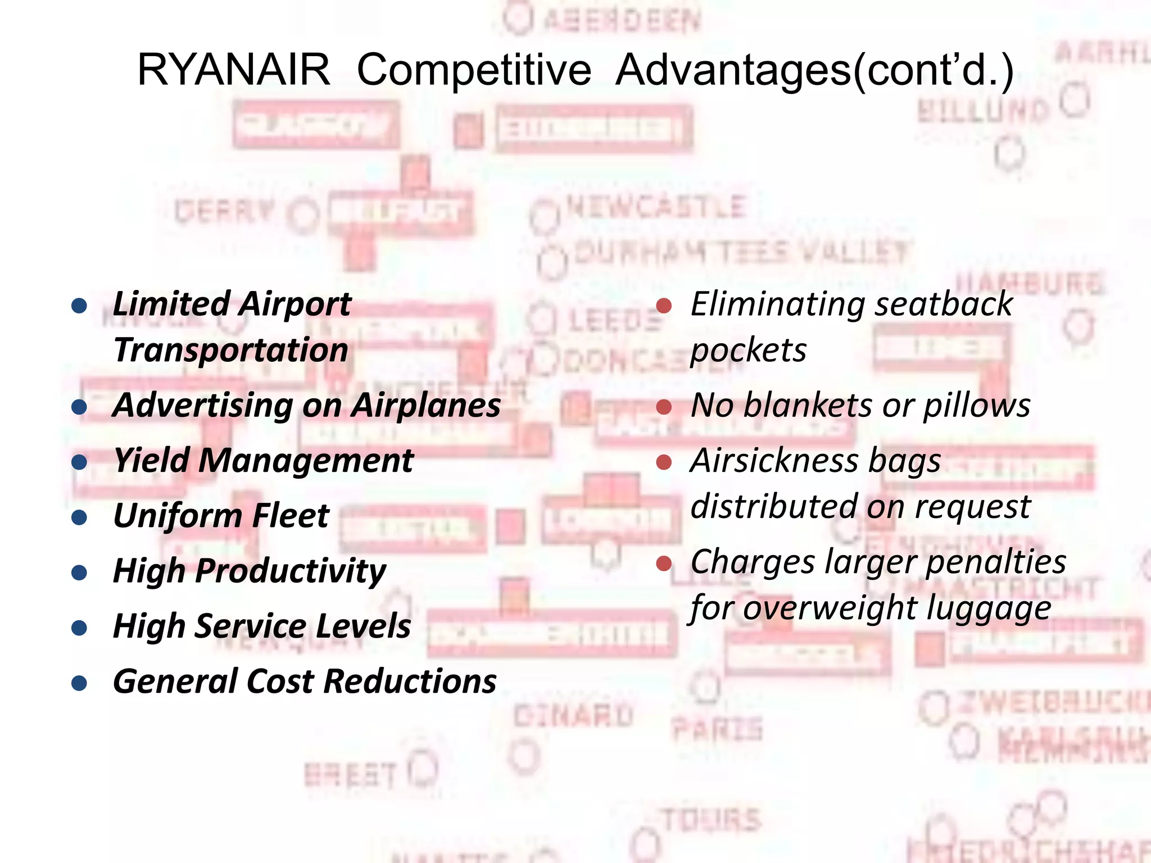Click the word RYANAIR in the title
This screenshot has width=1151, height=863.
click(x=233, y=70)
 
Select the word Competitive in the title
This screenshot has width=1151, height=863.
click(x=474, y=70)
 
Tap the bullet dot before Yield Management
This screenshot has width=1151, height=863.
click(x=79, y=462)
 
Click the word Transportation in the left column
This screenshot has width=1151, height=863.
click(x=230, y=351)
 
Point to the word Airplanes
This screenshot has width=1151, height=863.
click(x=425, y=406)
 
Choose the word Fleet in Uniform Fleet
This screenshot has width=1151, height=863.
click(x=290, y=516)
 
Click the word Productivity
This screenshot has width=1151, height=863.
click(x=291, y=571)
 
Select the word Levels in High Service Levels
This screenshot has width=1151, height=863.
click(x=363, y=626)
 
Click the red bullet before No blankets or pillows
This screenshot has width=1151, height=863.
click(x=664, y=406)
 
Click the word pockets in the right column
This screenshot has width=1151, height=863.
click(x=748, y=351)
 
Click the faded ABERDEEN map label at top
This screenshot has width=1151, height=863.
click(x=621, y=21)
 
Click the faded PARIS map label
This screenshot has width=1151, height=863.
click(x=717, y=729)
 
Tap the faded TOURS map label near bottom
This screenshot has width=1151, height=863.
click(x=712, y=820)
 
